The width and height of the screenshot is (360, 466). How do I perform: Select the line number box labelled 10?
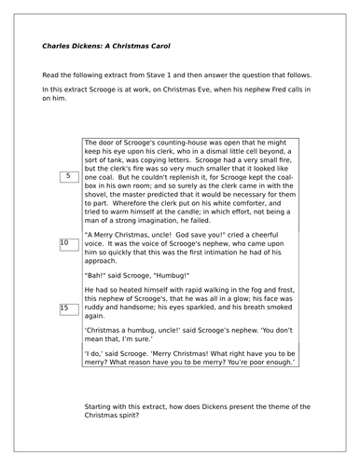click(67, 243)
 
